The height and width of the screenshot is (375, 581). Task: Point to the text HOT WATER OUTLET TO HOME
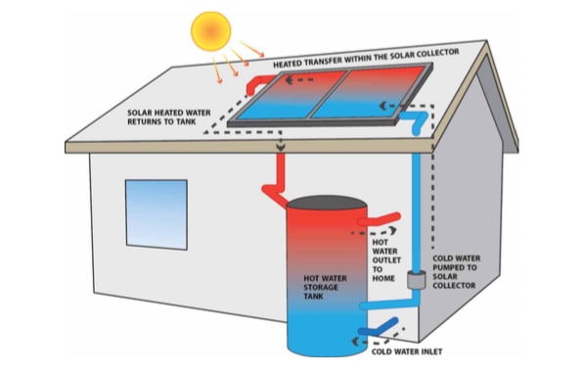(387, 258)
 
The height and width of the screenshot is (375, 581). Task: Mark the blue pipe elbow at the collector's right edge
(418, 120)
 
